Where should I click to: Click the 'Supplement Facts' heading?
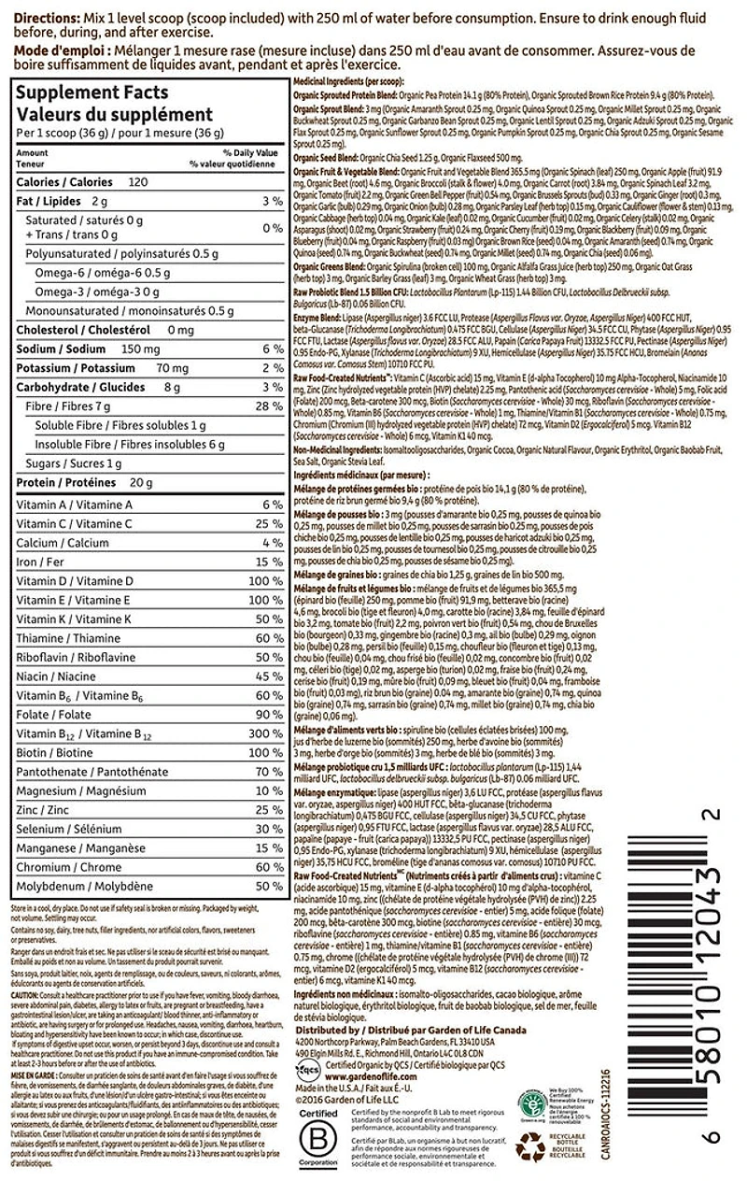[92, 92]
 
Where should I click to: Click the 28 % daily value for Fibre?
[270, 406]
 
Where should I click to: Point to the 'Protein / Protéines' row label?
[66, 483]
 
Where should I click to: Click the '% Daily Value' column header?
[249, 151]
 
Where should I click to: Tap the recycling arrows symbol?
[530, 1145]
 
